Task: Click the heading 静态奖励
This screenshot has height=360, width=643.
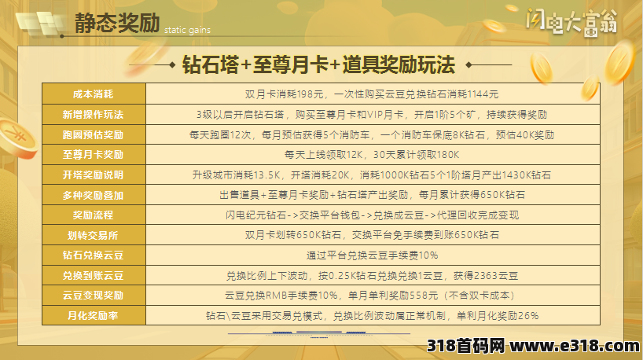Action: point(117,23)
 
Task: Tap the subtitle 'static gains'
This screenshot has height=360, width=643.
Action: point(187,30)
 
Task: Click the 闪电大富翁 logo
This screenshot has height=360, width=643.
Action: point(571,21)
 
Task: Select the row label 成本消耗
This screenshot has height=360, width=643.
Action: point(93,94)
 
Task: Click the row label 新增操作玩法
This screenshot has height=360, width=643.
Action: point(93,115)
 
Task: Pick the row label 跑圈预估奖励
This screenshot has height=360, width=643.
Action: point(93,135)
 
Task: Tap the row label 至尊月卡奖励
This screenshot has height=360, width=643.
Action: point(93,155)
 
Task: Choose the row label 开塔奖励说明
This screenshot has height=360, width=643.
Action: point(93,175)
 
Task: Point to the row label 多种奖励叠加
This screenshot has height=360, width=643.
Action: point(93,196)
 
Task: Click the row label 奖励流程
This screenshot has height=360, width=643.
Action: point(93,215)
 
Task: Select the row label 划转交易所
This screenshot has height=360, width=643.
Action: point(93,235)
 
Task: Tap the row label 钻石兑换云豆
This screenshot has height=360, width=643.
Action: point(93,255)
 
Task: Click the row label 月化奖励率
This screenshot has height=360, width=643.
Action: point(93,316)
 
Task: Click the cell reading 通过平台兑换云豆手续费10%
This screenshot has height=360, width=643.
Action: point(373,255)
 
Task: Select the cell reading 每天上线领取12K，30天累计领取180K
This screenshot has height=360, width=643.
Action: point(372,155)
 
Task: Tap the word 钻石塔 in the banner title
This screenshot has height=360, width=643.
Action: point(211,64)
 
